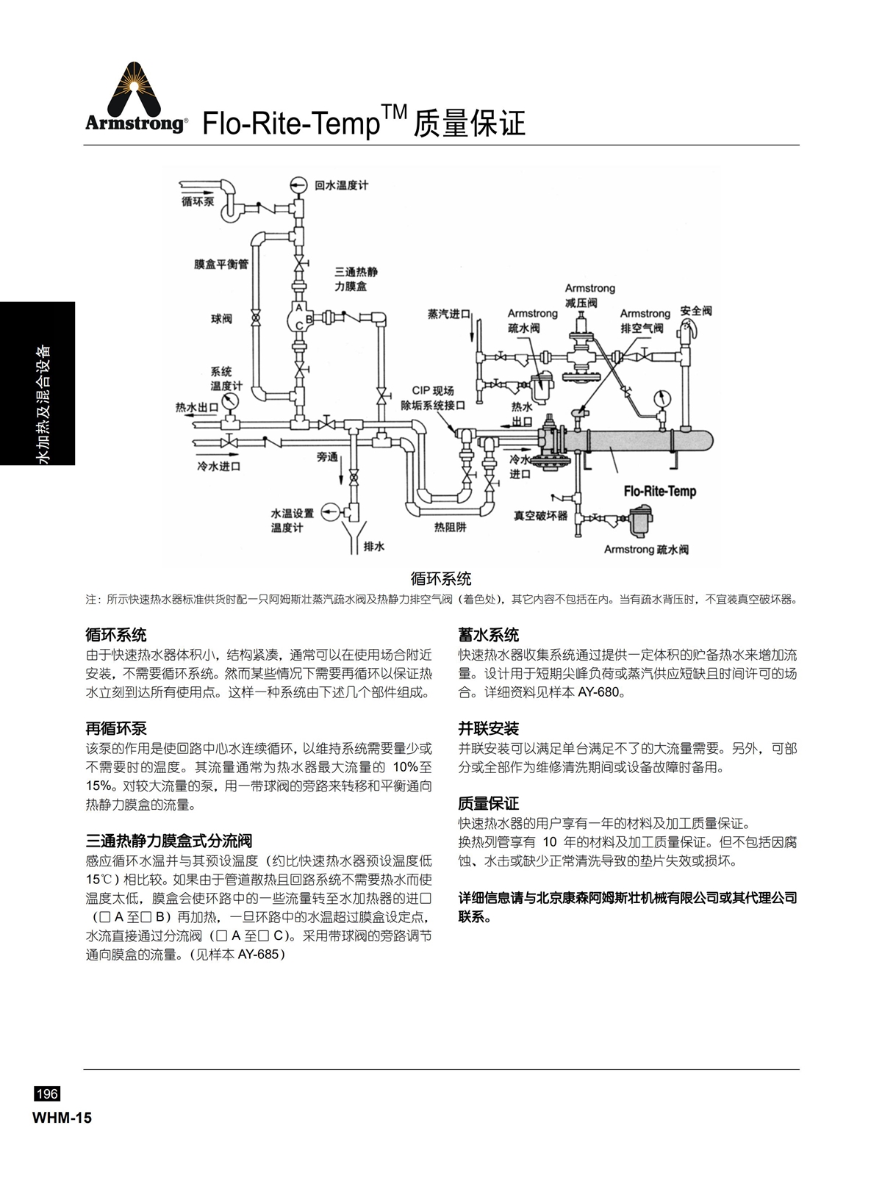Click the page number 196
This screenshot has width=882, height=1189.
tap(47, 1093)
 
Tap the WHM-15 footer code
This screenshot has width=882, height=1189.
tap(62, 1118)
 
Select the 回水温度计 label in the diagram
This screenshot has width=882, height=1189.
tap(341, 185)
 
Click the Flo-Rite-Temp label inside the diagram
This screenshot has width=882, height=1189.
tap(660, 491)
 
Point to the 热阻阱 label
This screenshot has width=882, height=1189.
tap(450, 527)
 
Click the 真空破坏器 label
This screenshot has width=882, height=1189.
tap(540, 515)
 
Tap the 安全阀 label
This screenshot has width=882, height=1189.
tap(696, 311)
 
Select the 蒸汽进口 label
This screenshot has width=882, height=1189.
tap(449, 314)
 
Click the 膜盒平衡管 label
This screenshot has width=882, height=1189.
tap(221, 264)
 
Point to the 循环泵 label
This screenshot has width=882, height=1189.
tap(198, 201)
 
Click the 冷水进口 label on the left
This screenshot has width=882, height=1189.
tap(219, 467)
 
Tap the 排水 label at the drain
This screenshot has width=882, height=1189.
tap(373, 546)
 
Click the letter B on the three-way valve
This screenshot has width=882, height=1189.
tap(309, 319)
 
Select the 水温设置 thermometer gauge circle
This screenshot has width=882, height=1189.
tap(330, 512)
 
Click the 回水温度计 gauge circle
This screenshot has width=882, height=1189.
tap(298, 185)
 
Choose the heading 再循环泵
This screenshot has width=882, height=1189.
tap(116, 728)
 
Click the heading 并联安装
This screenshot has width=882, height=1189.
tap(489, 728)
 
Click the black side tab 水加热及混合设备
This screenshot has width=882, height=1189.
tap(43, 404)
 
